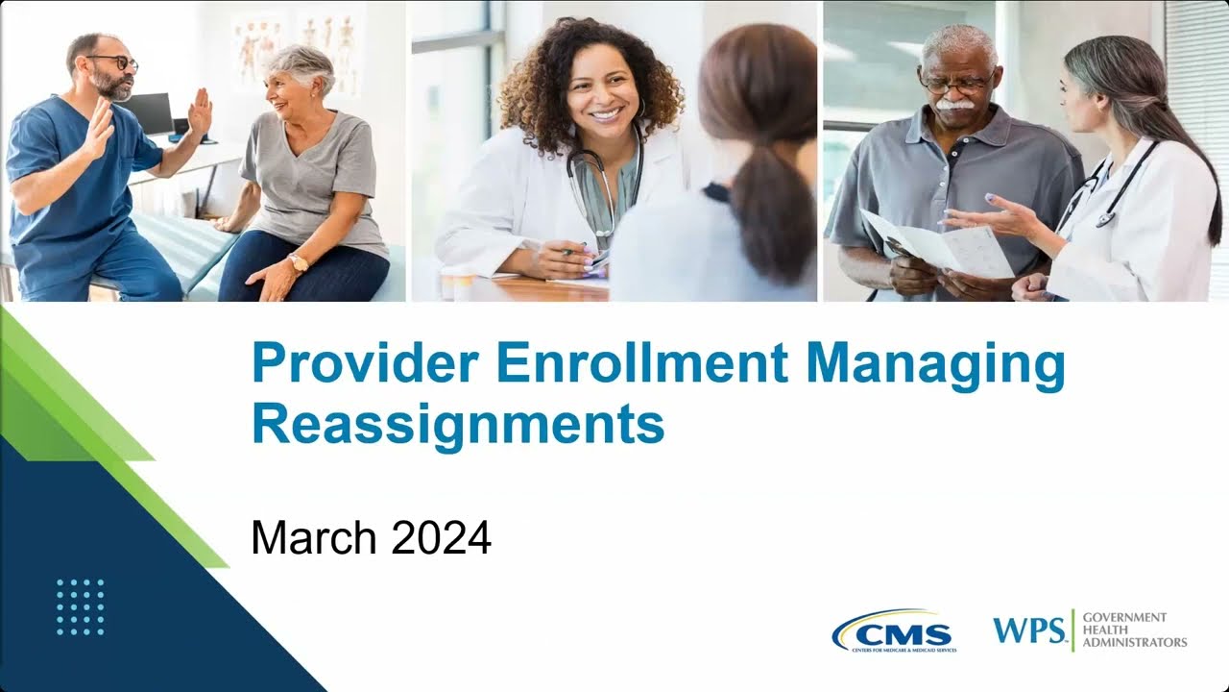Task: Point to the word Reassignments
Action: click(458, 425)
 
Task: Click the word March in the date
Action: click(314, 538)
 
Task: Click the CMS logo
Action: click(894, 632)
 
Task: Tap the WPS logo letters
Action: click(1029, 630)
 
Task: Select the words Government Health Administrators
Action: click(1133, 630)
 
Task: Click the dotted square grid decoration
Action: click(81, 606)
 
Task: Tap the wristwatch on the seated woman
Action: click(299, 262)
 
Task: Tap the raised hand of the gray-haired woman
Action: click(201, 111)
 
